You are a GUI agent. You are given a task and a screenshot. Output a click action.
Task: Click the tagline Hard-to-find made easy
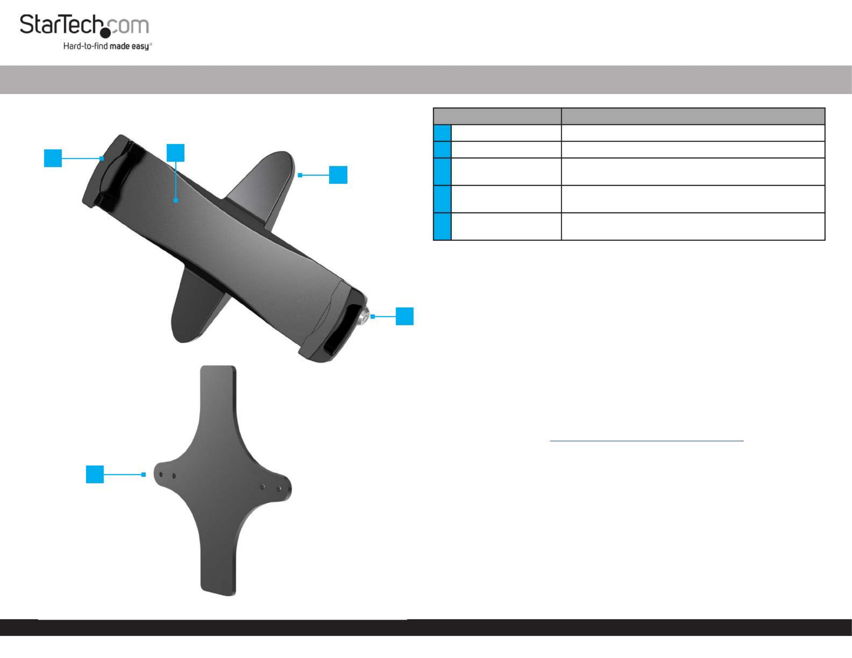[107, 46]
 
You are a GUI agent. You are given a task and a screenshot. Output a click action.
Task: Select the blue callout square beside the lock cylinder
[404, 316]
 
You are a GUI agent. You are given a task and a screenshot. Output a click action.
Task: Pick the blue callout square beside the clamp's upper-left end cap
[53, 158]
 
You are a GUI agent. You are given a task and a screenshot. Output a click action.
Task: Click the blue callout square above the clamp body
[175, 153]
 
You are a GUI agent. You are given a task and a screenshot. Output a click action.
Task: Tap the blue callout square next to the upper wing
[338, 175]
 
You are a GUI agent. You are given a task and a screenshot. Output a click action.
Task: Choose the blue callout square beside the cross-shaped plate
[95, 474]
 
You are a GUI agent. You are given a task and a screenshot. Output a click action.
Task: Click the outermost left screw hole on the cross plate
[161, 475]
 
